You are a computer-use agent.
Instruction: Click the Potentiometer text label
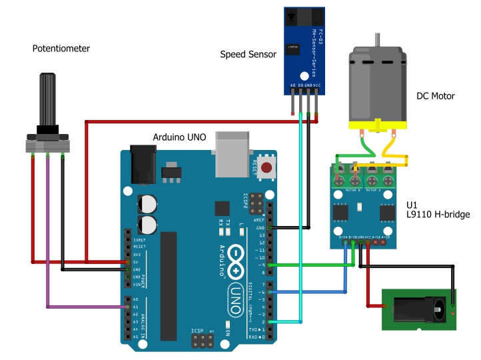[61, 49]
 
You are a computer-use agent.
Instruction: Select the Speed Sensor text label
[248, 55]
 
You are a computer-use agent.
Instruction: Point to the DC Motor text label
[435, 96]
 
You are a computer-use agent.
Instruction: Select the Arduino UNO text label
[179, 137]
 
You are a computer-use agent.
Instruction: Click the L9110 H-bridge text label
[438, 215]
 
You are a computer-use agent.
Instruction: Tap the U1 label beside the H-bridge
[412, 204]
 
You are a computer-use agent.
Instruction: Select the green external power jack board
[420, 309]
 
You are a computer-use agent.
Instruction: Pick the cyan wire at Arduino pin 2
[286, 322]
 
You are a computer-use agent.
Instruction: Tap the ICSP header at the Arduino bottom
[199, 341]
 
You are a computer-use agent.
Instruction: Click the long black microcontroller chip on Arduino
[169, 273]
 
